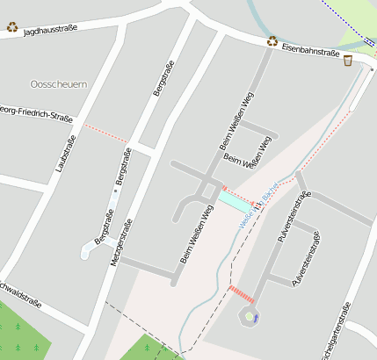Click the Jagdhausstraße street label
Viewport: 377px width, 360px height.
tap(50, 29)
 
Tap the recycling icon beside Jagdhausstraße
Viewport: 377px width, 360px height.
tap(12, 26)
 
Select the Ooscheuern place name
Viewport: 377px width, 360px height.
tap(58, 83)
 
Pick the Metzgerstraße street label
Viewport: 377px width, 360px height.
tap(119, 249)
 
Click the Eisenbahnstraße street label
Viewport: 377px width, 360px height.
tap(310, 53)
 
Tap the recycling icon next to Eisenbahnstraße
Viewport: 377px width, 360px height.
tap(273, 40)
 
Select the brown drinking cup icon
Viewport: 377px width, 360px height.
tap(348, 61)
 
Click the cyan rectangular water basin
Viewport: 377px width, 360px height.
tap(235, 202)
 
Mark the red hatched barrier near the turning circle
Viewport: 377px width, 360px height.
tap(241, 292)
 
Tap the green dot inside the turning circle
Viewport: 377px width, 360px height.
tap(249, 316)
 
